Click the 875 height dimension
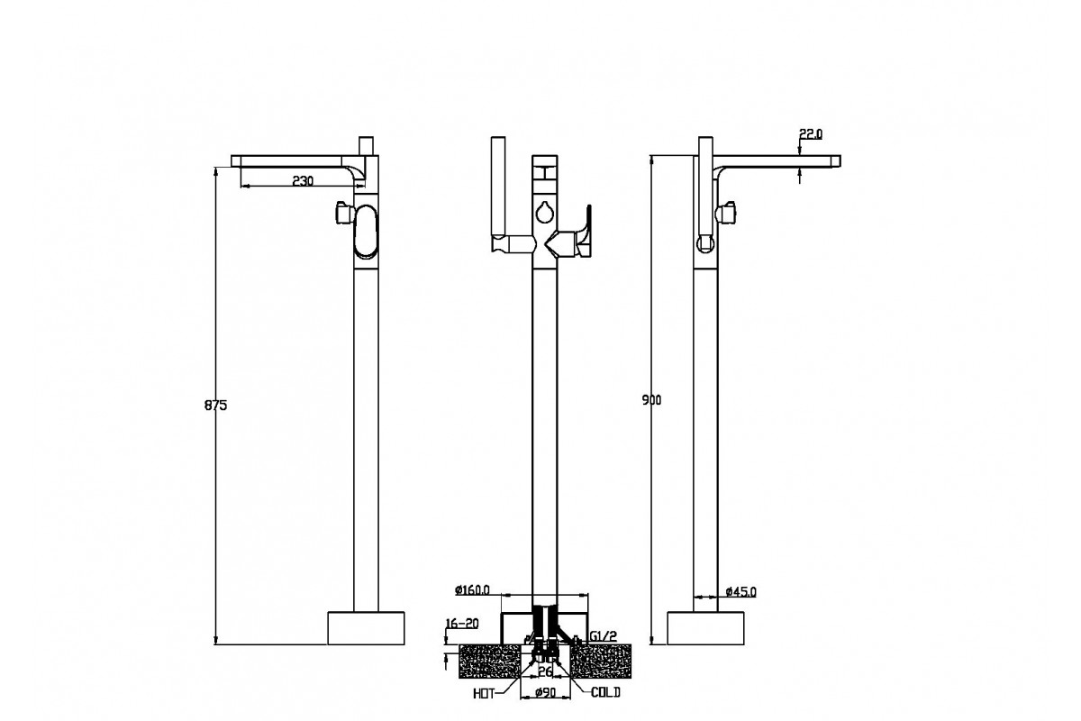pos(216,406)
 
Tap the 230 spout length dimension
pos(303,181)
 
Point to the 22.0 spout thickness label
pos(811,133)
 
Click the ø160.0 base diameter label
pos(472,590)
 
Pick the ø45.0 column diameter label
pos(740,592)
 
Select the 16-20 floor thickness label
pos(461,624)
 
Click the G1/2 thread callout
pos(603,637)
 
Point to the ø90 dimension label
pos(543,692)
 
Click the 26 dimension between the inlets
pos(545,671)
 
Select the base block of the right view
pos(706,628)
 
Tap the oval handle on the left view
pos(367,233)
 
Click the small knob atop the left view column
pos(366,147)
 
